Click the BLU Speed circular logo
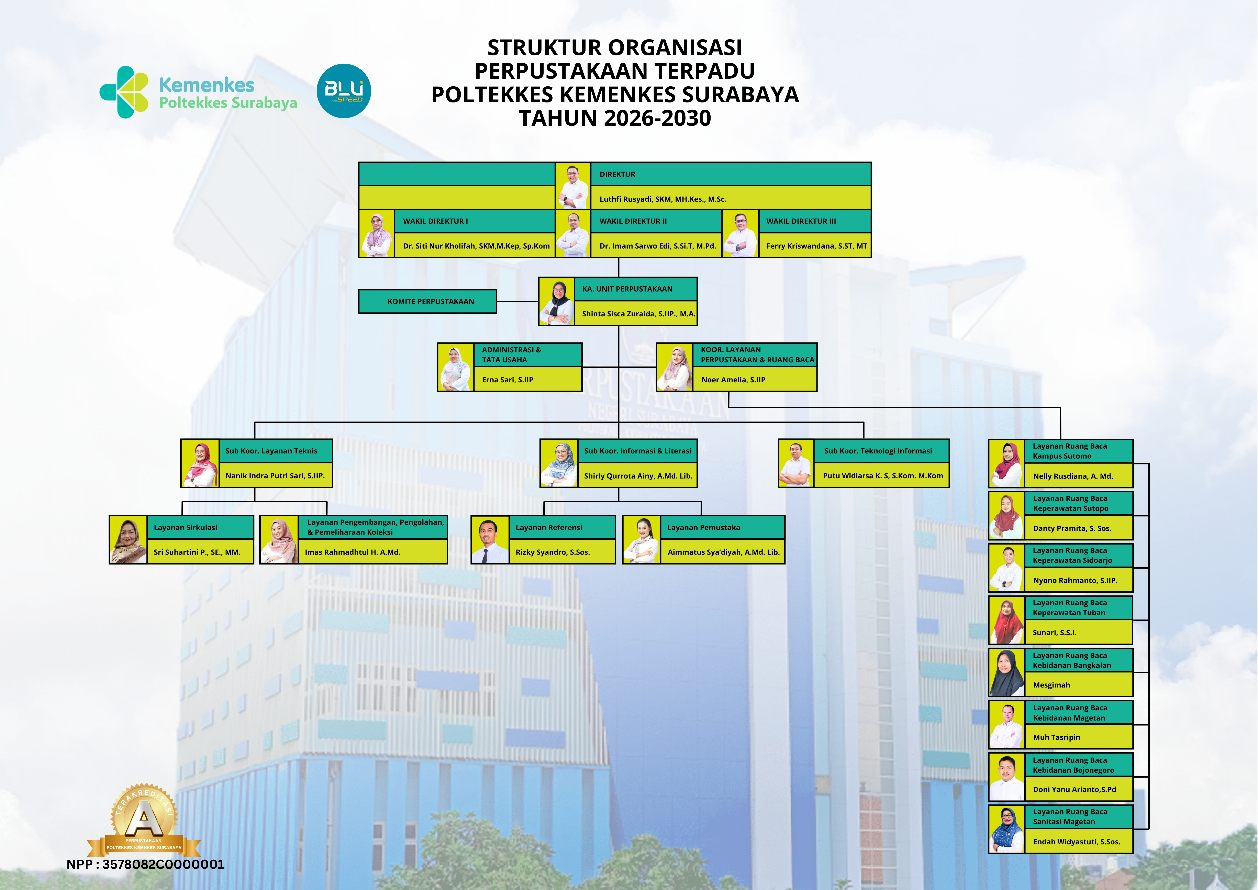coord(344,91)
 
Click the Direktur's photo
coord(572,186)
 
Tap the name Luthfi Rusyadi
coord(663,199)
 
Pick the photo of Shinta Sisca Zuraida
coord(557,301)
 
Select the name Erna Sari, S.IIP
coord(507,380)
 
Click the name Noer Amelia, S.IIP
coord(733,380)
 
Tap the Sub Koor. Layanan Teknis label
coord(271,451)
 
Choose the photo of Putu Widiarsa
coord(795,464)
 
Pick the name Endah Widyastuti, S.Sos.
coord(1076,842)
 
